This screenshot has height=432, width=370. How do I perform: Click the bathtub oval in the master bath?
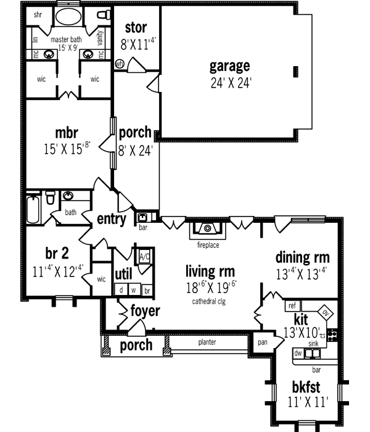point(68,16)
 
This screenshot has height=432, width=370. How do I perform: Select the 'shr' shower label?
point(38,14)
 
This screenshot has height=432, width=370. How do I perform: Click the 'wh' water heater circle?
point(120,62)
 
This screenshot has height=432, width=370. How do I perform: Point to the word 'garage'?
point(229,65)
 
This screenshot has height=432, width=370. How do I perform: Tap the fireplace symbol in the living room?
point(208,229)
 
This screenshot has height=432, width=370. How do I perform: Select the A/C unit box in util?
point(146,256)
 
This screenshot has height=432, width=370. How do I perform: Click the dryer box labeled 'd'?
point(121,289)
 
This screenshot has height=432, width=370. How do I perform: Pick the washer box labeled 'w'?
point(134,289)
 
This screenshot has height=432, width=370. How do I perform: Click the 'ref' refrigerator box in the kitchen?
point(292,305)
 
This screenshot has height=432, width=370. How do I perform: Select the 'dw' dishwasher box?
point(298,354)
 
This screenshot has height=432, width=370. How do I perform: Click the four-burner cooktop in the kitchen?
point(333,336)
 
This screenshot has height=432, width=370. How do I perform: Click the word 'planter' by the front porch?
point(207,343)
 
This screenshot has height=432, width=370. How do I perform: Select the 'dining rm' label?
point(302,257)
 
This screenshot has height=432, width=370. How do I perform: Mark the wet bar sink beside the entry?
point(142,217)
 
